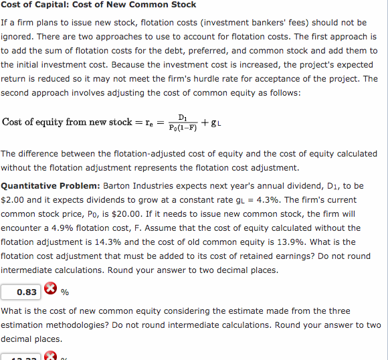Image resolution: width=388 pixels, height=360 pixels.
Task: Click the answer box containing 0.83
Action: pyautogui.click(x=21, y=291)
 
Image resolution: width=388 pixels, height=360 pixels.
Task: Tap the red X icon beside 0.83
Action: pyautogui.click(x=50, y=291)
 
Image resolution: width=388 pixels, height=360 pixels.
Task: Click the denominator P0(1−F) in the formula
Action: pyautogui.click(x=183, y=128)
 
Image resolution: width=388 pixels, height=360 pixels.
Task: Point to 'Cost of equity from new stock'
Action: pyautogui.click(x=67, y=122)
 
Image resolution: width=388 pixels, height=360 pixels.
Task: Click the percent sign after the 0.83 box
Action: pyautogui.click(x=65, y=292)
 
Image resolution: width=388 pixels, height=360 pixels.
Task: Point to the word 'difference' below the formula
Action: pyautogui.click(x=41, y=153)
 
